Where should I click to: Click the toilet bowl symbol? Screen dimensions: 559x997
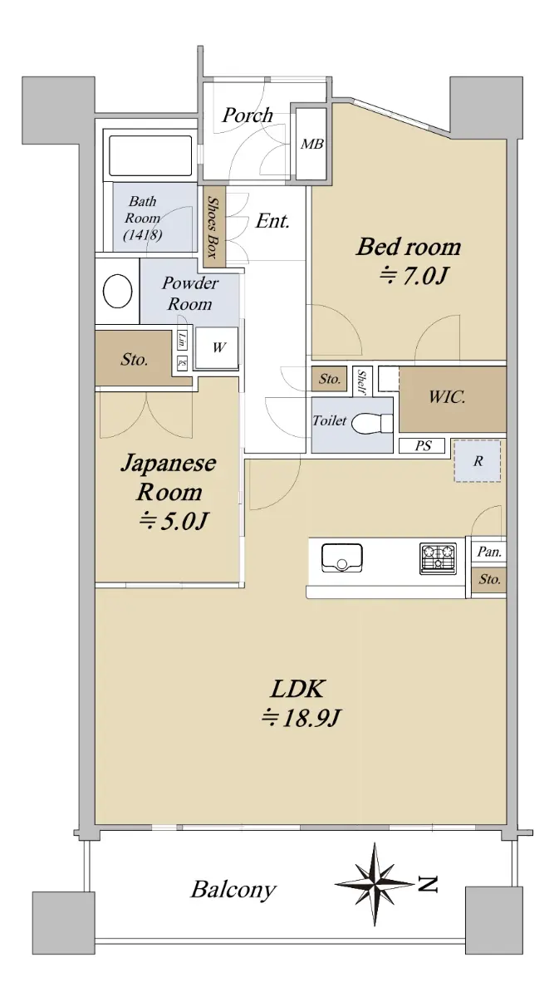pyautogui.click(x=372, y=423)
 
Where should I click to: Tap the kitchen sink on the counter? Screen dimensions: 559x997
pyautogui.click(x=342, y=557)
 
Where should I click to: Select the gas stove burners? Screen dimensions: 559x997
pyautogui.click(x=438, y=558)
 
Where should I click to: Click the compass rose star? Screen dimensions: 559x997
pyautogui.click(x=375, y=884)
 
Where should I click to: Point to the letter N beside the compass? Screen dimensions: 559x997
pyautogui.click(x=428, y=884)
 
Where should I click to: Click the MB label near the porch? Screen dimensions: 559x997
pyautogui.click(x=312, y=144)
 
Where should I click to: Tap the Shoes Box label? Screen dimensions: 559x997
pyautogui.click(x=214, y=228)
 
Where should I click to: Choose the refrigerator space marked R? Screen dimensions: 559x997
pyautogui.click(x=478, y=460)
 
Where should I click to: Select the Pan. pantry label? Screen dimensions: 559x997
pyautogui.click(x=489, y=552)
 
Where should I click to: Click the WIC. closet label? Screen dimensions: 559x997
pyautogui.click(x=447, y=396)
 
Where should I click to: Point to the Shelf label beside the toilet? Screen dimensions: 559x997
pyautogui.click(x=362, y=382)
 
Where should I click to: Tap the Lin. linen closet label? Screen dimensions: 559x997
pyautogui.click(x=182, y=341)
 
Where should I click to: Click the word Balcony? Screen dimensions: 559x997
pyautogui.click(x=233, y=889)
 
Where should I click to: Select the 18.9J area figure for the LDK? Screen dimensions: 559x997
pyautogui.click(x=301, y=719)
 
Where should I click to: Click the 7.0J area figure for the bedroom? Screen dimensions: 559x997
pyautogui.click(x=412, y=276)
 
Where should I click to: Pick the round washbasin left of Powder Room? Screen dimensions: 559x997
pyautogui.click(x=117, y=291)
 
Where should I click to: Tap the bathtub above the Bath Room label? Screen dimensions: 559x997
pyautogui.click(x=150, y=156)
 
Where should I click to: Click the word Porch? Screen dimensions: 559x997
pyautogui.click(x=248, y=115)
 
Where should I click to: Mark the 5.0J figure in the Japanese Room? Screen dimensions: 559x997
pyautogui.click(x=173, y=521)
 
